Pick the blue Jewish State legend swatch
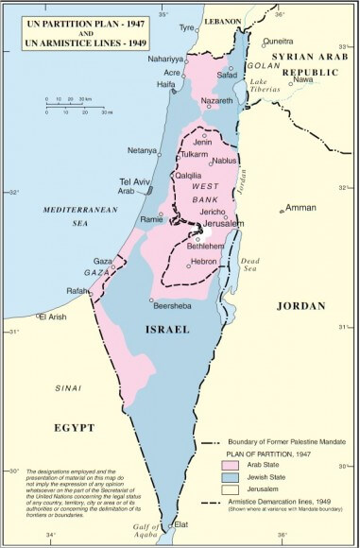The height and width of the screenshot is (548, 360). tap(228, 478)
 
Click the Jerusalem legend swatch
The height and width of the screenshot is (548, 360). tap(228, 493)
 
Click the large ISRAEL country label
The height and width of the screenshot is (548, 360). tap(165, 329)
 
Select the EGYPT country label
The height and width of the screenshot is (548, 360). tap(75, 427)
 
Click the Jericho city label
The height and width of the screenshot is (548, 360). tap(212, 213)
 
